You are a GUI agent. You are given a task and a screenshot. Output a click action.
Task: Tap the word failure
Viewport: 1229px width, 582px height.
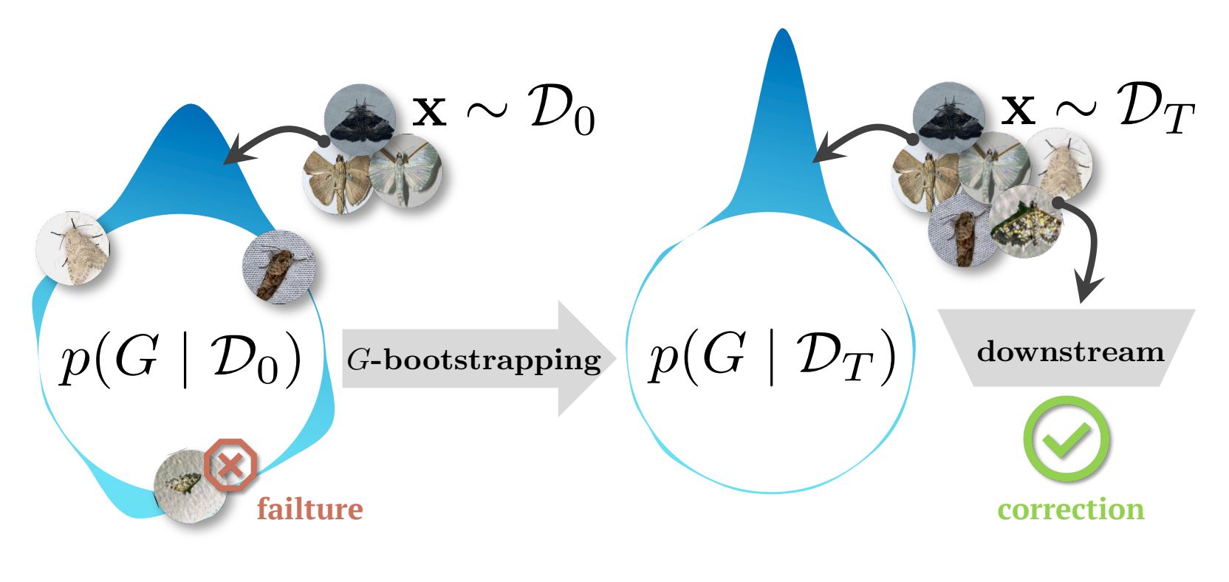(310, 509)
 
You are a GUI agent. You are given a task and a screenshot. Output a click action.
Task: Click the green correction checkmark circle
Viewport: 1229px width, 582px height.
(1067, 439)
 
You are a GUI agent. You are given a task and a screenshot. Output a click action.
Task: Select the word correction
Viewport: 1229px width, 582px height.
(1070, 509)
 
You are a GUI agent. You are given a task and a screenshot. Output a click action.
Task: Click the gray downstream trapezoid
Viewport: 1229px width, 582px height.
(1067, 348)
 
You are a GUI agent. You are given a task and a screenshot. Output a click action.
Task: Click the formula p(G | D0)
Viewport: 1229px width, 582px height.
(180, 359)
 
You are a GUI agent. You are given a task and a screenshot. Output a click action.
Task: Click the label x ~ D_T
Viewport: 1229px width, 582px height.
(1098, 111)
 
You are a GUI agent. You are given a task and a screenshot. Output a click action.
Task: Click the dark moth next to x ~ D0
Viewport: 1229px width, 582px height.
(360, 117)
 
